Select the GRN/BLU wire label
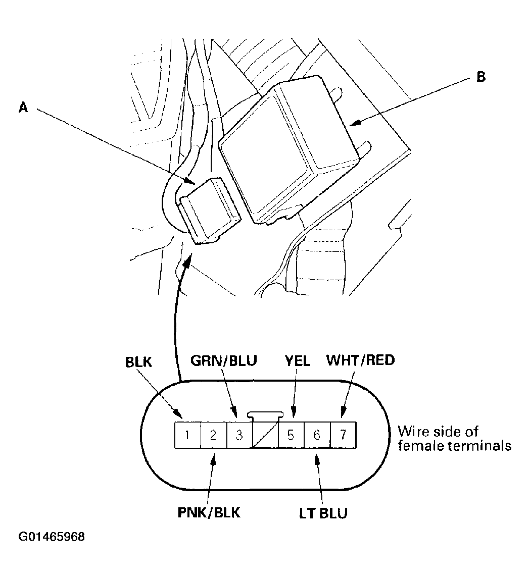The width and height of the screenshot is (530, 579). point(224,360)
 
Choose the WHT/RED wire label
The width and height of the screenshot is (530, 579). point(360,360)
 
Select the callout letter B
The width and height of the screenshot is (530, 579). point(480,77)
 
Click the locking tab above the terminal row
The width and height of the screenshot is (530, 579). point(265,415)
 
